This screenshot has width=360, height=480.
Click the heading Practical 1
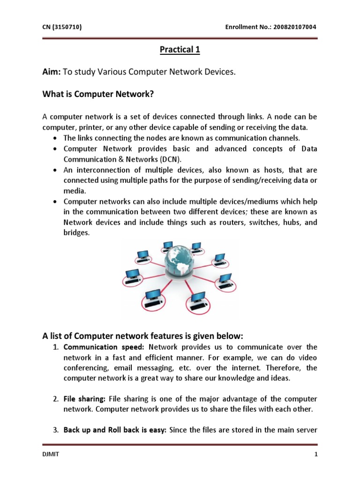click(x=180, y=50)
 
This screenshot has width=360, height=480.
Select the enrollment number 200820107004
click(x=292, y=27)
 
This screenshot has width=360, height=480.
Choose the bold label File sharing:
click(x=85, y=399)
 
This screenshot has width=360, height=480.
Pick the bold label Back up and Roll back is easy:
click(x=115, y=430)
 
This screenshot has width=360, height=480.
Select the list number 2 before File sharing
click(x=55, y=399)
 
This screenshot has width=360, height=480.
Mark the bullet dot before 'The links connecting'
click(x=56, y=139)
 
